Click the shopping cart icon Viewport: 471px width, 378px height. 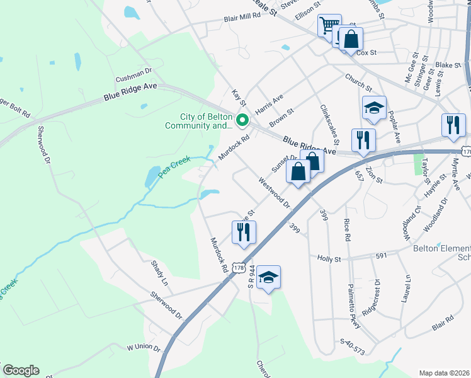point(329,26)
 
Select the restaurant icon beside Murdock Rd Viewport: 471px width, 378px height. point(244,232)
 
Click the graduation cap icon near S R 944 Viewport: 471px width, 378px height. point(268,277)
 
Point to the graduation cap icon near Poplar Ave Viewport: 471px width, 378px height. point(374,108)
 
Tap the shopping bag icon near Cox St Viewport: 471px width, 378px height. point(351,39)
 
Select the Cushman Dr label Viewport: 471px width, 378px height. point(133,75)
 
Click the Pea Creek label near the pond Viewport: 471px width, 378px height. point(174,167)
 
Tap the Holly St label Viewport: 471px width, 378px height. point(329,258)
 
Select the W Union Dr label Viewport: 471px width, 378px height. point(144,347)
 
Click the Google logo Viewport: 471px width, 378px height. point(21,370)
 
